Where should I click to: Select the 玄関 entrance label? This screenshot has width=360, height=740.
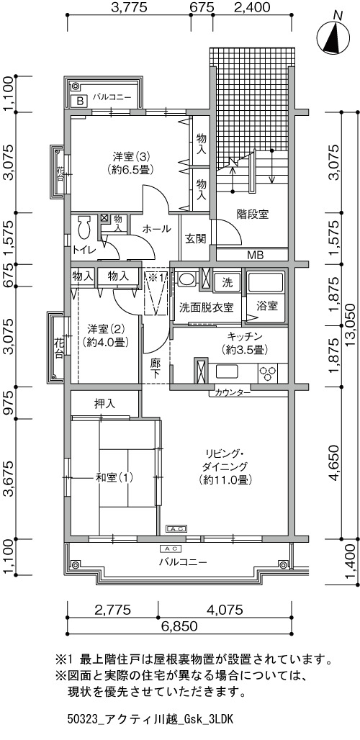(195, 239)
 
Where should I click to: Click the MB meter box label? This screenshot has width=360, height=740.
(256, 255)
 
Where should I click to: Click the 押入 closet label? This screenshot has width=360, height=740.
(104, 404)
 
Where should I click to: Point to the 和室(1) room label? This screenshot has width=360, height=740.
(114, 478)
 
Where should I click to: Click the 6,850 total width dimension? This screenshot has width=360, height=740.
(179, 626)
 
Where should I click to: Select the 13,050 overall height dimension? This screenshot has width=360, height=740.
(351, 324)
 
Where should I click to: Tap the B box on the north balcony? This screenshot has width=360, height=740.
(80, 101)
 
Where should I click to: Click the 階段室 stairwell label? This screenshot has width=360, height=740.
(253, 215)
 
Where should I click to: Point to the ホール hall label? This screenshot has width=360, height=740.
(157, 229)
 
